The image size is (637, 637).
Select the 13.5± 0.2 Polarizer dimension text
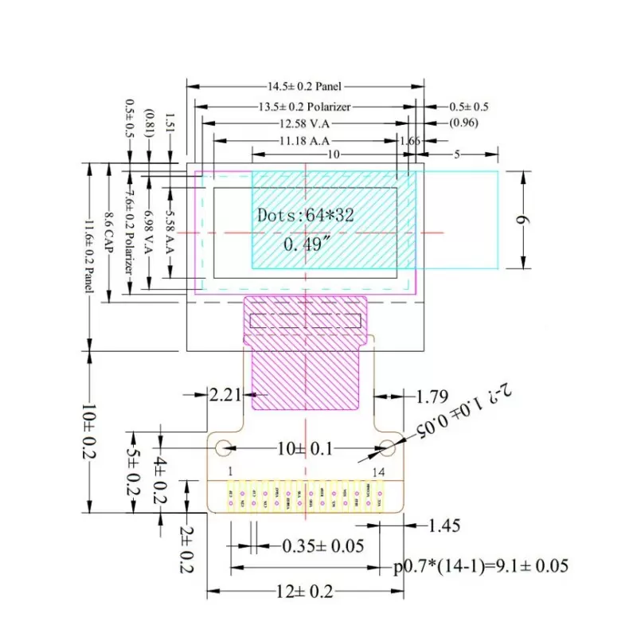pyautogui.click(x=305, y=106)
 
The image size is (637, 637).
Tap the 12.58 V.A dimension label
pyautogui.click(x=304, y=123)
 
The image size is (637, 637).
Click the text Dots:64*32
pyautogui.click(x=305, y=214)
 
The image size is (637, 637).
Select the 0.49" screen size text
pyautogui.click(x=303, y=244)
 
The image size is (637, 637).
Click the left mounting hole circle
pyautogui.click(x=223, y=447)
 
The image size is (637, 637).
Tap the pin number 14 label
pyautogui.click(x=378, y=471)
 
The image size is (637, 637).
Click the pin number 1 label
pyautogui.click(x=230, y=471)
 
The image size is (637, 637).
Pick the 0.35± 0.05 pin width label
pyautogui.click(x=322, y=546)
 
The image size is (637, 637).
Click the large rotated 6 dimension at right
pyautogui.click(x=526, y=221)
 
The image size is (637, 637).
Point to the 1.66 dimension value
pyautogui.click(x=409, y=140)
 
